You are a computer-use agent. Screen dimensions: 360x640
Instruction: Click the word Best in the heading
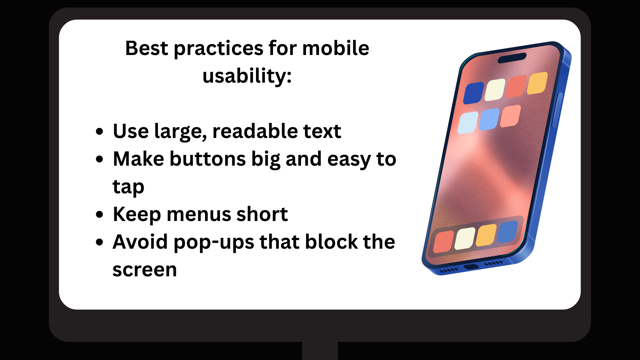coord(146,48)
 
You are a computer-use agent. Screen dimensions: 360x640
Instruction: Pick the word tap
coord(128,187)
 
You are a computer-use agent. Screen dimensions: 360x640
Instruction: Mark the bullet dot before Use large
coord(99,131)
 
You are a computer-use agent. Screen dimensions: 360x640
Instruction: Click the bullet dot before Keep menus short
coord(99,214)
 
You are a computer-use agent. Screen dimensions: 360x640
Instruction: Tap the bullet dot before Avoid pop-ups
coord(99,242)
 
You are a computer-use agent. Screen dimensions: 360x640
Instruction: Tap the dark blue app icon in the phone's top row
coord(474,93)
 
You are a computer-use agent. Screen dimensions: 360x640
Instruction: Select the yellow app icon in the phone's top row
coord(537,83)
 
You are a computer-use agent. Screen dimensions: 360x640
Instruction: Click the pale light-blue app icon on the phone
coord(468,123)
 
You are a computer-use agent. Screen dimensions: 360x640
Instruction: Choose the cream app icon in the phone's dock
coord(465,239)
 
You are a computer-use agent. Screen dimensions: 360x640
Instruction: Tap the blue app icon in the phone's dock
coord(507,231)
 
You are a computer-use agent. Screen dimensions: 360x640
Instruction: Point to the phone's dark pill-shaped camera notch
coord(512,58)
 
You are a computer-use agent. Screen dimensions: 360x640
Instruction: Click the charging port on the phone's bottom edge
coord(471,267)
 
